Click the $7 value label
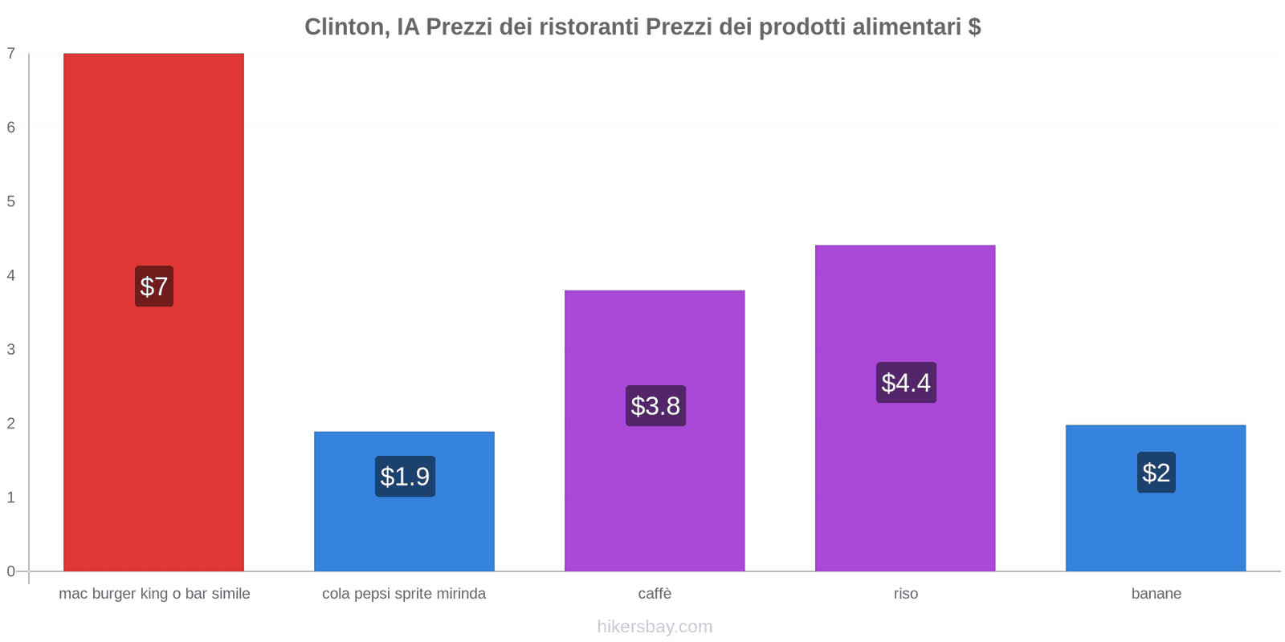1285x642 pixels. coord(154,286)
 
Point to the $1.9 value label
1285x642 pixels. coord(405,477)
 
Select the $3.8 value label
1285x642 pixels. coord(655,406)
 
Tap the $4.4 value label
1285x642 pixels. coord(906,383)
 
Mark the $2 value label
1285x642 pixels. coord(1156,473)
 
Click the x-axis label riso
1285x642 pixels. coord(905,594)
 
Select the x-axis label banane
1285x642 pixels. coord(1156,594)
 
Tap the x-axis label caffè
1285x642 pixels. coord(655,594)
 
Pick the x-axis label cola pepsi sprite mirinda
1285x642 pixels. coord(404,594)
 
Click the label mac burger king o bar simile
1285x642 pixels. coord(154,594)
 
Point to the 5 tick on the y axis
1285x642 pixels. coord(11,201)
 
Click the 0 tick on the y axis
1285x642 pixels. coord(11,571)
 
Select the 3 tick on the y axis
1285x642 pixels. coord(11,350)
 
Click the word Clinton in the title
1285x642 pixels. coord(346,27)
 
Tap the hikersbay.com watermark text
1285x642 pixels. coord(655,627)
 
